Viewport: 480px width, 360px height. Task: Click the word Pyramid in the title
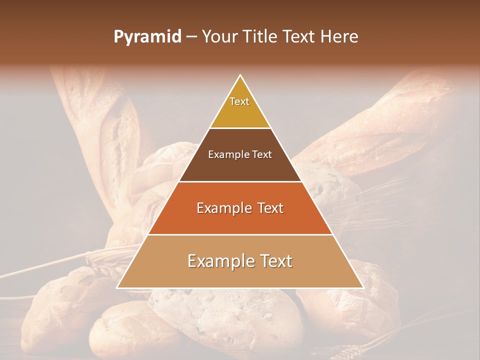point(147,37)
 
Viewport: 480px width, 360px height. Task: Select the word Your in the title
point(218,37)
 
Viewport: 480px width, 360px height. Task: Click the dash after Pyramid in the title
point(191,37)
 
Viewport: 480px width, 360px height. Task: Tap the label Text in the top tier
point(239,101)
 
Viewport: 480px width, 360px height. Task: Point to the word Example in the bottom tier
point(219,261)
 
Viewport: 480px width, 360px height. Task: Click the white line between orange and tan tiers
point(240,234)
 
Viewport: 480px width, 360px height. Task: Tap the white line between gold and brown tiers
point(240,128)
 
